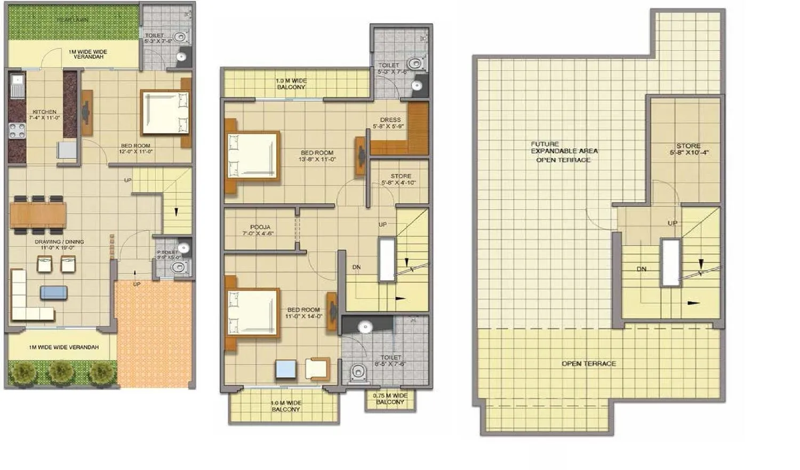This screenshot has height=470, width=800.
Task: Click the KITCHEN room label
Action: click(x=44, y=112)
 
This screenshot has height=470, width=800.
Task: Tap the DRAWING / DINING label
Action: click(x=59, y=242)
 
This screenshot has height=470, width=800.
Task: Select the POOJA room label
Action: click(x=260, y=227)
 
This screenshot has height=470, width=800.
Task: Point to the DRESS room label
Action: click(x=390, y=120)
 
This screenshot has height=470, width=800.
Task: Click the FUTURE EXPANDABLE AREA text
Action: click(x=564, y=152)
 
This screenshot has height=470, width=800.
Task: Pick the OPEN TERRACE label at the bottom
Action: click(x=589, y=364)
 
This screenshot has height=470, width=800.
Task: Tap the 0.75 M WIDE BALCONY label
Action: click(x=390, y=399)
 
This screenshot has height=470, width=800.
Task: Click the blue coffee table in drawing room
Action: click(x=54, y=292)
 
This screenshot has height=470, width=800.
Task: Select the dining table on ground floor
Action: click(x=38, y=214)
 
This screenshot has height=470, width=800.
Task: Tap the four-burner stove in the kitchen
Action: click(x=17, y=131)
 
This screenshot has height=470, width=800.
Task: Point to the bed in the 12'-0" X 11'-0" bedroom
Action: click(x=165, y=113)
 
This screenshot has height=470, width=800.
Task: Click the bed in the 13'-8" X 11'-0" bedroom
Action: click(x=252, y=155)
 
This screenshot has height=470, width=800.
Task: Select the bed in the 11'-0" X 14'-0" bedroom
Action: click(x=252, y=313)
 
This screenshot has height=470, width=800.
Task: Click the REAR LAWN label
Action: click(x=73, y=20)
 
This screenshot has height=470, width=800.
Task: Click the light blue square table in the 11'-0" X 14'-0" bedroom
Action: click(x=286, y=370)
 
